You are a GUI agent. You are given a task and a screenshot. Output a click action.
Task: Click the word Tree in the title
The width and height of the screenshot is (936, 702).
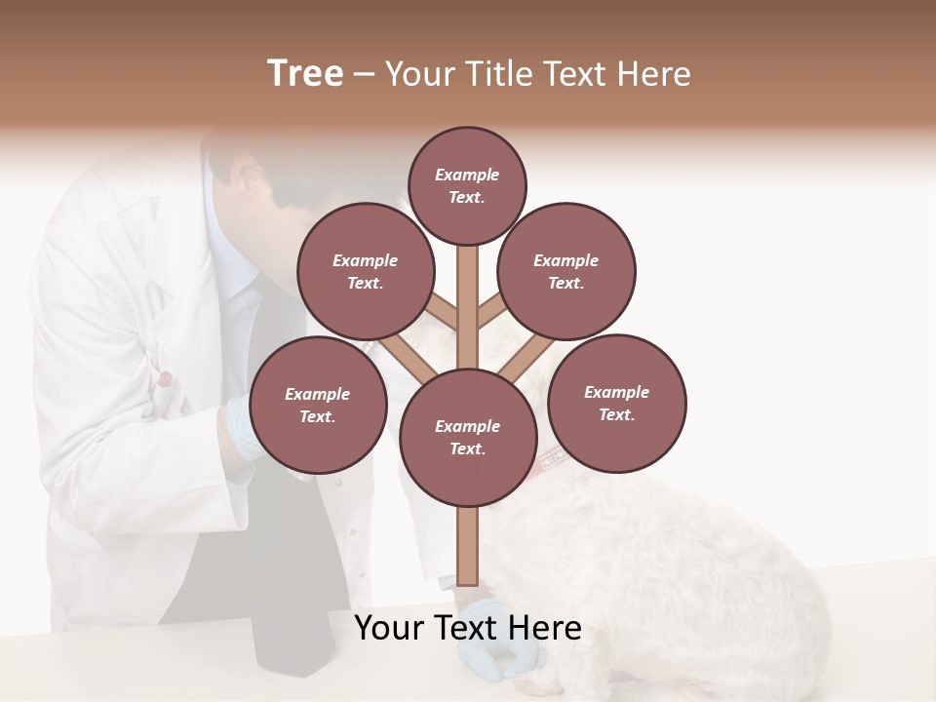coord(305,74)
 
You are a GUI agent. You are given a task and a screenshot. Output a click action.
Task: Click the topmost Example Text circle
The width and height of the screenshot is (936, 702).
coord(467,185)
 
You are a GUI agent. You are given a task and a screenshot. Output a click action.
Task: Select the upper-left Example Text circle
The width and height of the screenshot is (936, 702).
coord(365,271)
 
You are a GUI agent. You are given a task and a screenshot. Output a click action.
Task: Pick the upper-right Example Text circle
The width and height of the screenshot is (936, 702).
coord(565,271)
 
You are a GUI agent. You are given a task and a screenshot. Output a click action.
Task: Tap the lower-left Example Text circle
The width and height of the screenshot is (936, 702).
coord(318,405)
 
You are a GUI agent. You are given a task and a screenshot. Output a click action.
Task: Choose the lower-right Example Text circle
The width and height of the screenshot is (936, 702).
coord(616,403)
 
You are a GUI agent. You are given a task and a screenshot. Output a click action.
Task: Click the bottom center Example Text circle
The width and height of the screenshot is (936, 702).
coord(467,437)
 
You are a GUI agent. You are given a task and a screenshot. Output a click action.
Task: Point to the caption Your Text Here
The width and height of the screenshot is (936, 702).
coord(467,628)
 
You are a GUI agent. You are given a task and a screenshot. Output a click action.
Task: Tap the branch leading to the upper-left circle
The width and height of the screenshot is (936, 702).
coord(442,315)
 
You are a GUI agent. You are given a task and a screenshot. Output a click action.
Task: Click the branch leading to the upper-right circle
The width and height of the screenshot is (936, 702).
coord(492,315)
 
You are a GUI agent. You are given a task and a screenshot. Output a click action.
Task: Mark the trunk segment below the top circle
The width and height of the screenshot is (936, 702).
coord(467,292)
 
